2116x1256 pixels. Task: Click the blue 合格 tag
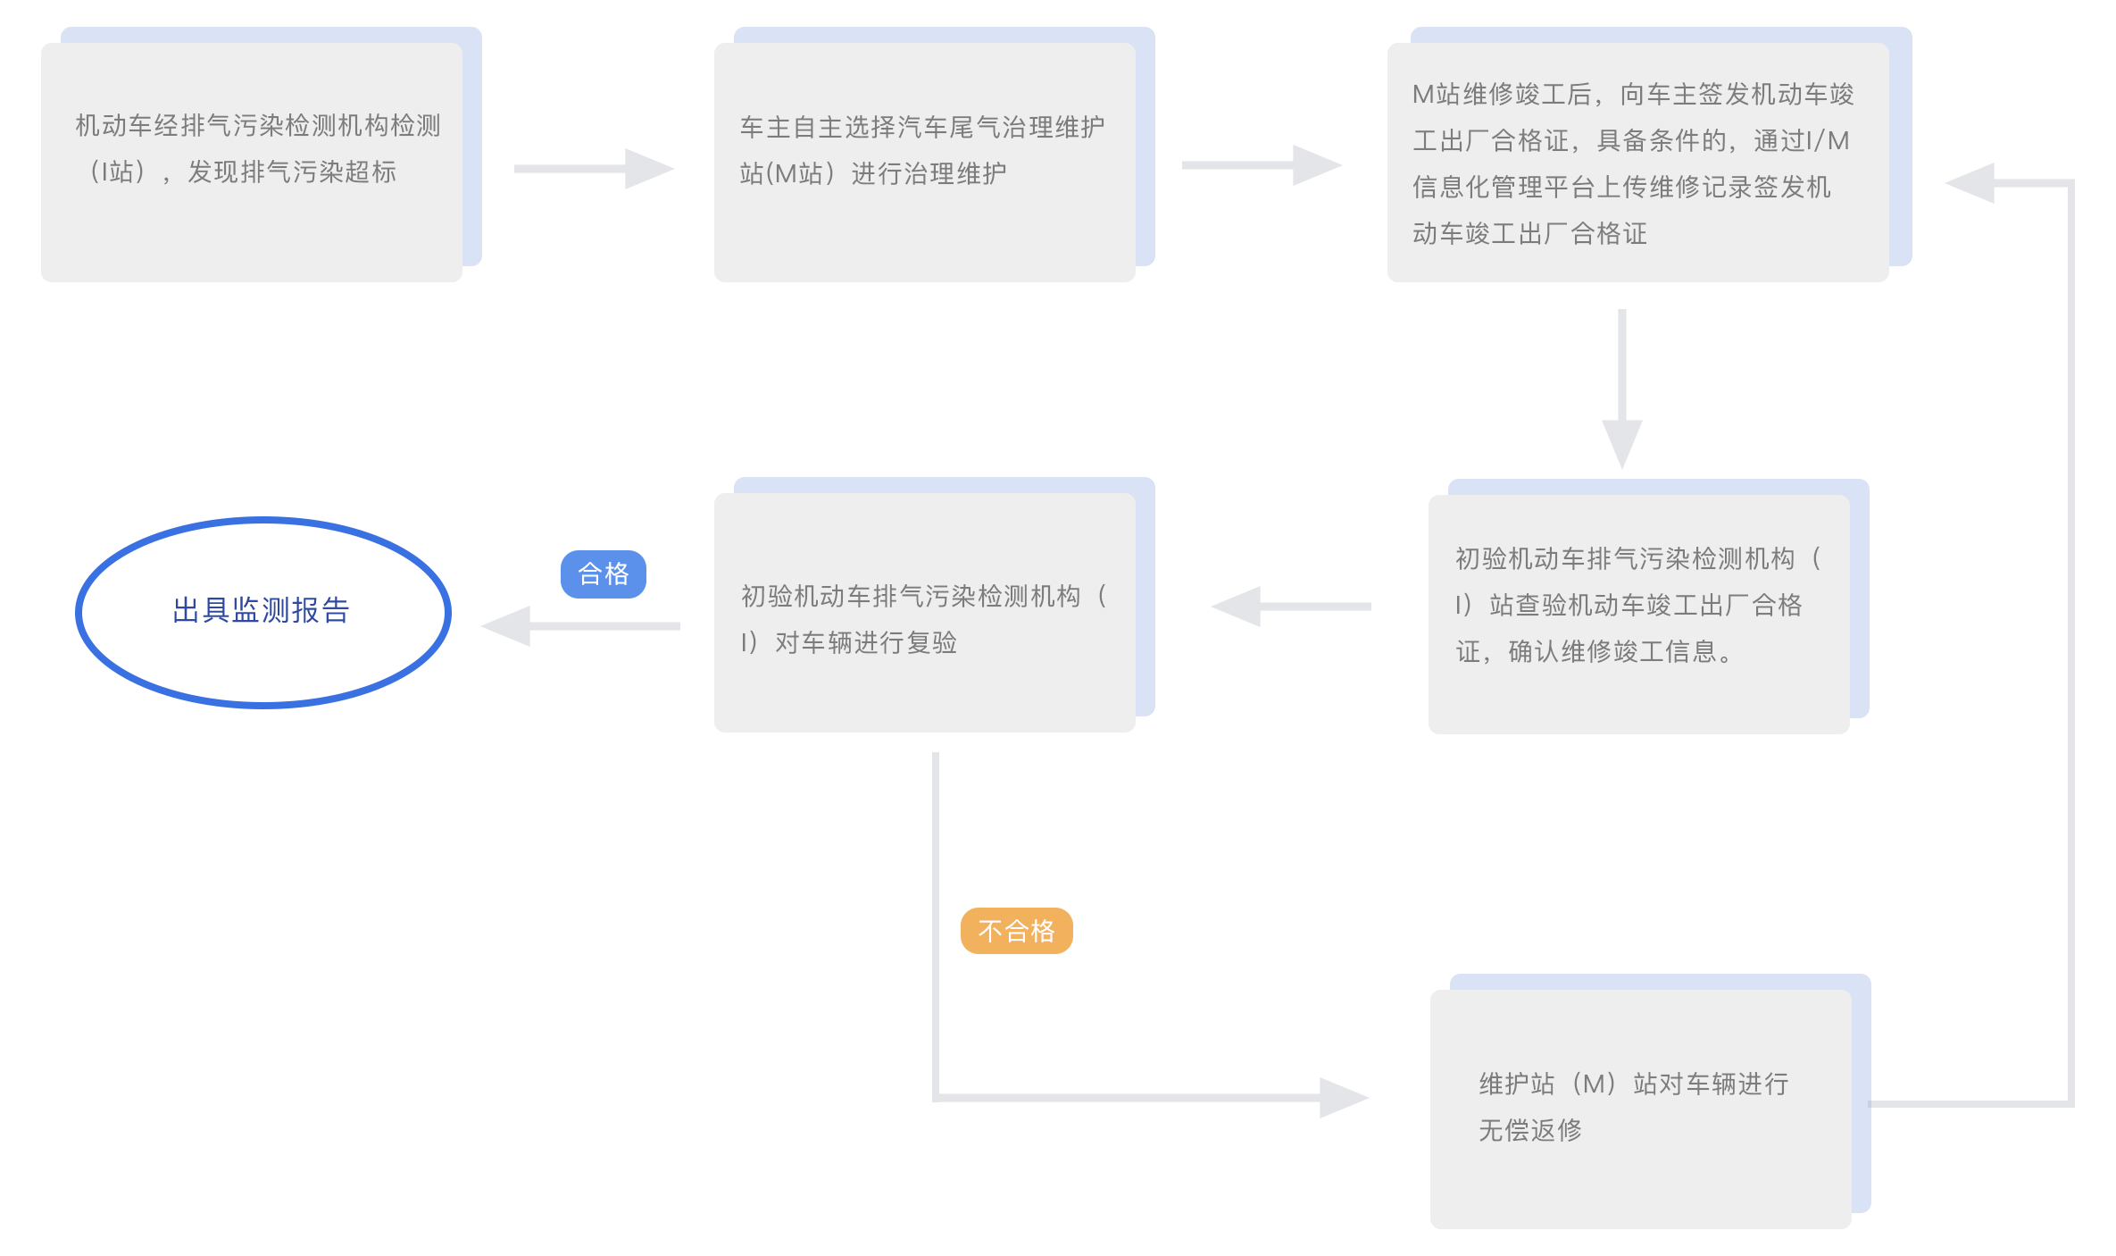(603, 574)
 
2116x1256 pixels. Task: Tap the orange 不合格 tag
(1016, 931)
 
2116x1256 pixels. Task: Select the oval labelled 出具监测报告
(262, 612)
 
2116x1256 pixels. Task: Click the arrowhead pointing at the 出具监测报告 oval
(505, 626)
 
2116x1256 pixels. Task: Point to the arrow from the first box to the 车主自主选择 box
(593, 169)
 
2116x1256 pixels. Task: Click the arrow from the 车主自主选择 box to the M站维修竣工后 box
(1261, 165)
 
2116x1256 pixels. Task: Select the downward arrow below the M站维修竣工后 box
(1622, 389)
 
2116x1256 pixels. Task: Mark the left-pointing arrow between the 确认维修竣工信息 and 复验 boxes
(1291, 607)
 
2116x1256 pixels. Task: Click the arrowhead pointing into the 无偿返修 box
(1344, 1097)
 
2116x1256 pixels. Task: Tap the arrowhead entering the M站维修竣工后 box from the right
(1970, 183)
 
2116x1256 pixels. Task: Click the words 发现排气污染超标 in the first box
(291, 172)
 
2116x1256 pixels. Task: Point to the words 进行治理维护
(929, 173)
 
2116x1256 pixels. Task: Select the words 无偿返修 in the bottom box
(1530, 1131)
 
